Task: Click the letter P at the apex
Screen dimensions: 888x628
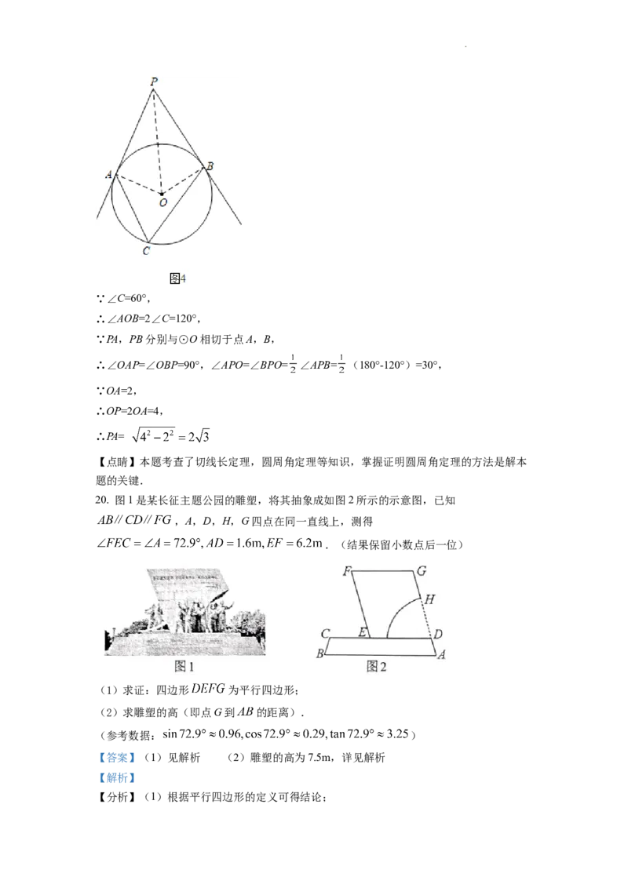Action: coord(154,81)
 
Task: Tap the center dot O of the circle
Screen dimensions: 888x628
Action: coord(162,192)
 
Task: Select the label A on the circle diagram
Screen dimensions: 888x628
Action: coord(108,174)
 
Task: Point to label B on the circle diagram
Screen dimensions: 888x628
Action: coord(210,166)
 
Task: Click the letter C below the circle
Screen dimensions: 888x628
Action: coord(146,251)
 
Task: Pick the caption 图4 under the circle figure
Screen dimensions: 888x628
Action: coord(177,278)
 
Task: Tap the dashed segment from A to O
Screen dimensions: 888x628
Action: coord(138,184)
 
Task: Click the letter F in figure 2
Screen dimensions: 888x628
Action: coord(345,571)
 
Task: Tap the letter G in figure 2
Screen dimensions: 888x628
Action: coord(421,571)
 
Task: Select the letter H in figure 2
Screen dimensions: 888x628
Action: coord(429,599)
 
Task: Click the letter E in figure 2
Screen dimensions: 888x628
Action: coord(363,632)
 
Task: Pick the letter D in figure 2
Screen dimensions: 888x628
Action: coord(439,633)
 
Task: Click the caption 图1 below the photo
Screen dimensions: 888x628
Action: coord(184,667)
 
